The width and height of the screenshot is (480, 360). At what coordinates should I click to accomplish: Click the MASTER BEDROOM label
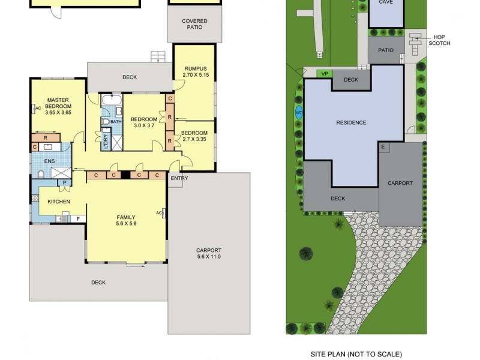tap(59, 106)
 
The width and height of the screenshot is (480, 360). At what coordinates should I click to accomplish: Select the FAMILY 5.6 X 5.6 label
tap(126, 220)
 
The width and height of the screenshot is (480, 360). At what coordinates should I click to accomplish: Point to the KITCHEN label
tap(59, 202)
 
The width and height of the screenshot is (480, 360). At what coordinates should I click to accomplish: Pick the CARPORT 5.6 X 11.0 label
tap(209, 253)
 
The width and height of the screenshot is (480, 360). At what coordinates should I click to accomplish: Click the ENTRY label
tap(179, 178)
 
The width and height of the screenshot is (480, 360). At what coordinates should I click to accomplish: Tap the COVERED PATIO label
tap(194, 25)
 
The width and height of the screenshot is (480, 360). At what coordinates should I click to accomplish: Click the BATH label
tap(116, 122)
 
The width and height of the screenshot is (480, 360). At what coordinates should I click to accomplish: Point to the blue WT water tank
tap(299, 111)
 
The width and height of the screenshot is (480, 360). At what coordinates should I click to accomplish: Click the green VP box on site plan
tap(325, 73)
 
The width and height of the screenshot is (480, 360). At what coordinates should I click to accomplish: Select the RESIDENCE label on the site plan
tap(351, 122)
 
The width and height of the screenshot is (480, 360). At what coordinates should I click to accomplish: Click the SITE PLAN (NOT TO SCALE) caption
tap(356, 354)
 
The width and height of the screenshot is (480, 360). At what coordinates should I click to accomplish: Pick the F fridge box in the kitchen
tap(77, 219)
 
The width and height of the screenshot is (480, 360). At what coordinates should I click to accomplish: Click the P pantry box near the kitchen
tap(64, 182)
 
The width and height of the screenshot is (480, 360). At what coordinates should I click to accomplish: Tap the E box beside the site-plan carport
tap(383, 146)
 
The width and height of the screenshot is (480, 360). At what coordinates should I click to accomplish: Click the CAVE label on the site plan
tap(386, 3)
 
